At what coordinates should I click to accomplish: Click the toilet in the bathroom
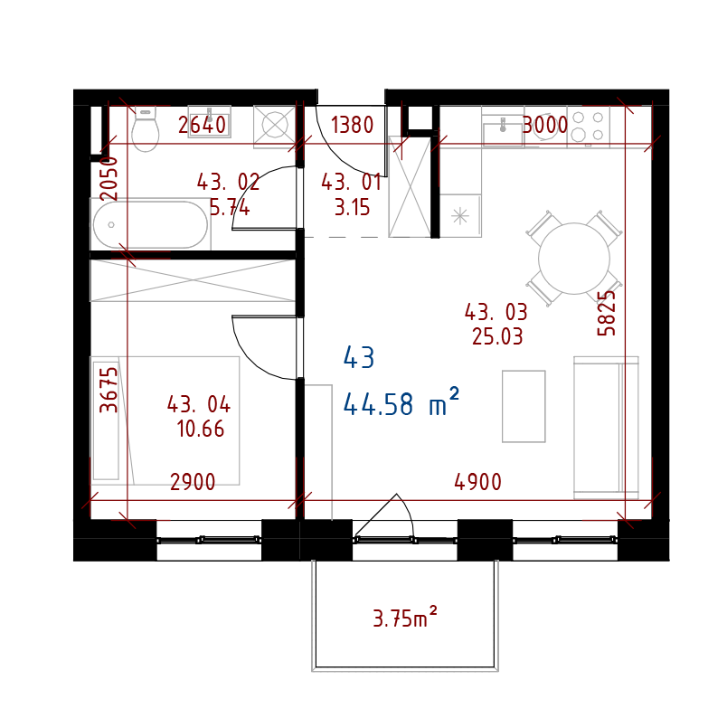(x=145, y=129)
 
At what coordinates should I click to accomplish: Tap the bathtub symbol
(x=150, y=224)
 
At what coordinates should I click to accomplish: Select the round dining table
(x=574, y=259)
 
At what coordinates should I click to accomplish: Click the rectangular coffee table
(x=524, y=406)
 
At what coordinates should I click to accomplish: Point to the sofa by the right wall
(x=605, y=427)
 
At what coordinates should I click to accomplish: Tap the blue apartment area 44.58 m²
(x=401, y=403)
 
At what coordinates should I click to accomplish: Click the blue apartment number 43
(x=359, y=358)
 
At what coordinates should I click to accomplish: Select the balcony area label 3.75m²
(x=405, y=618)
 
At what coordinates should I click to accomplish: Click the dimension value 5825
(x=607, y=313)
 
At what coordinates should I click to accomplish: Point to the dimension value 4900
(x=477, y=483)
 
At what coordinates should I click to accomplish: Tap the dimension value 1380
(x=352, y=126)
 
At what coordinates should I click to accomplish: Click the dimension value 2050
(x=109, y=178)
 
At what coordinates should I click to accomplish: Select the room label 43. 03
(x=496, y=313)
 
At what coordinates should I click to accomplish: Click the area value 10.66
(x=201, y=430)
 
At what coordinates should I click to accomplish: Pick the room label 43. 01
(x=351, y=183)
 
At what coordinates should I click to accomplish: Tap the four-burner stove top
(x=588, y=126)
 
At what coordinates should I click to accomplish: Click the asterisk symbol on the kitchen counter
(x=460, y=215)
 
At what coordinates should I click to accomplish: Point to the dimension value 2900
(x=193, y=483)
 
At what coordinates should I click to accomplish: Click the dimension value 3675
(x=109, y=389)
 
